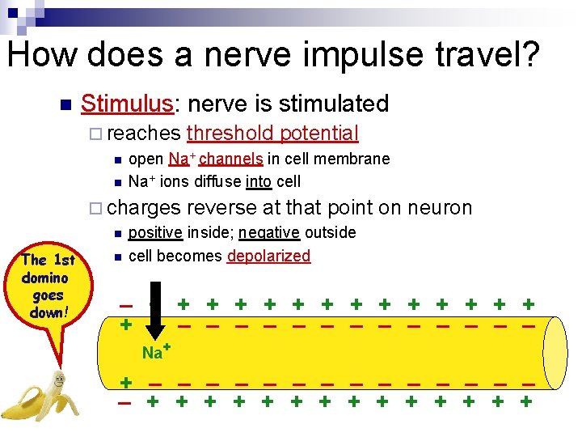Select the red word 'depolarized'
point(268,257)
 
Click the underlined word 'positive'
point(154,233)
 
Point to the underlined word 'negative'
point(269,233)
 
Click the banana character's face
point(58,380)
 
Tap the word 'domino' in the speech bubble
point(45,278)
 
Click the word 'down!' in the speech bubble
point(46,312)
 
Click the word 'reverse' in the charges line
point(225,207)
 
